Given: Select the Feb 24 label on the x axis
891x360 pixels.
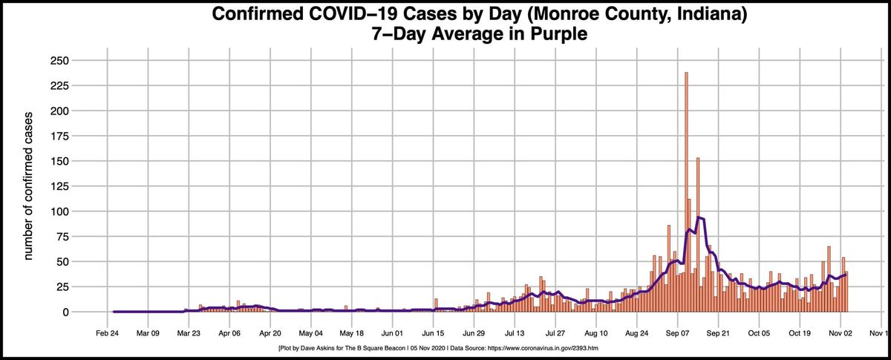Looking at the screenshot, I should [x=108, y=334].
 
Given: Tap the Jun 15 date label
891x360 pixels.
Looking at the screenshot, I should [x=433, y=334].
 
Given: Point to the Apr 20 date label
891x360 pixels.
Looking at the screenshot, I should [x=270, y=334].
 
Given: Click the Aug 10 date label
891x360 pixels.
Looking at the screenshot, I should [x=596, y=334].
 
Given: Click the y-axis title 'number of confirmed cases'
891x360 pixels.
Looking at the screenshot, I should [x=30, y=186].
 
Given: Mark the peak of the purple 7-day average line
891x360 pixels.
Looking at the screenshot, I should [x=699, y=217].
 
